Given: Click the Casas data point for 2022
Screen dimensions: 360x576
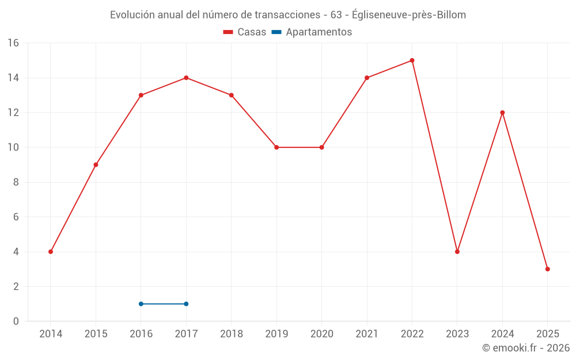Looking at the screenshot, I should [412, 60].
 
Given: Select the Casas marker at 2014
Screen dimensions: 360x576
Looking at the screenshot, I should [51, 252].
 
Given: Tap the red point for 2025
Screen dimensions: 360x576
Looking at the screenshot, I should [547, 269].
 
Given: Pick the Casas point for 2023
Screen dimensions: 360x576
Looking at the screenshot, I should [457, 252].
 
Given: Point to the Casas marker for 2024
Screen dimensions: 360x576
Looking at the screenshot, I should [502, 113].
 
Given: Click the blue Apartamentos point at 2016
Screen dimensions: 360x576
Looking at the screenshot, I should [141, 304].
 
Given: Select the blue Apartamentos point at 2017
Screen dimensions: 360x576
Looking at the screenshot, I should [186, 304].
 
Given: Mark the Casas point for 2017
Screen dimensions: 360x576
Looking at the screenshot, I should [186, 78].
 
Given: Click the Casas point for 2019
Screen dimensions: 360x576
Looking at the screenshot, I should [276, 147].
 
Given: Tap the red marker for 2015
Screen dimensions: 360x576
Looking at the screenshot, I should [96, 165].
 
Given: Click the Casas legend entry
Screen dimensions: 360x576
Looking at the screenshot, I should [245, 32].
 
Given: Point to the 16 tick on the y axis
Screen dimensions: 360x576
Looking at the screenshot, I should [13, 43].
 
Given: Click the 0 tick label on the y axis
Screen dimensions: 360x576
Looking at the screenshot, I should [16, 321].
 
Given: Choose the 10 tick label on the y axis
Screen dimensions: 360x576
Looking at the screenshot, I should [13, 147].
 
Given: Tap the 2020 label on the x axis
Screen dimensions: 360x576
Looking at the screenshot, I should [321, 334].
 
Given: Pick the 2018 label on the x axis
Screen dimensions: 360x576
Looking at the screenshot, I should [231, 334].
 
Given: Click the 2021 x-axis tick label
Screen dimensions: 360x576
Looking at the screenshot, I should [367, 334].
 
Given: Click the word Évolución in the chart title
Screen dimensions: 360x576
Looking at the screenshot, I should [132, 15].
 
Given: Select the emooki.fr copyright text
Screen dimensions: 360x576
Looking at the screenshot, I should [526, 348].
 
